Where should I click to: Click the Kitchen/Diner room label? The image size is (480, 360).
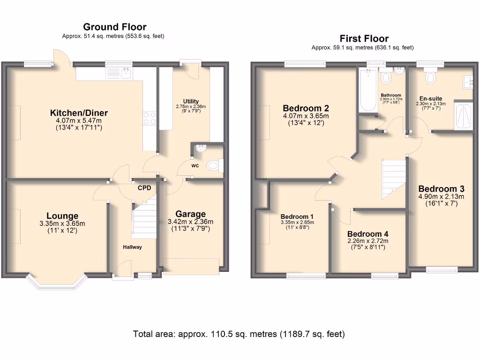click(79, 113)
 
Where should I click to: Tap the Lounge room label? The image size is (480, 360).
click(62, 216)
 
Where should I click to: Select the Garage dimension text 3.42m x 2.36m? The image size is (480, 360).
click(190, 222)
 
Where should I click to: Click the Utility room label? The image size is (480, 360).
click(191, 101)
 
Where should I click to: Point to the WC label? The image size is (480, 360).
click(195, 165)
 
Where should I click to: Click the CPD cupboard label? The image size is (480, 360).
click(144, 188)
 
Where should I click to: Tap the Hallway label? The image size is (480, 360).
click(132, 247)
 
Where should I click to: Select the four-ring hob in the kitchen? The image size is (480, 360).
click(150, 118)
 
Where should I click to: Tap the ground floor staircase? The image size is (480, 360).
click(144, 217)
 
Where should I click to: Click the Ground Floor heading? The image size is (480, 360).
click(114, 27)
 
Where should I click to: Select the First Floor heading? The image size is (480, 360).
click(364, 38)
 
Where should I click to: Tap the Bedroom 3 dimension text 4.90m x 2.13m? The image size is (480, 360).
click(441, 196)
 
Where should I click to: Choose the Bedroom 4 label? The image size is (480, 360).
click(367, 234)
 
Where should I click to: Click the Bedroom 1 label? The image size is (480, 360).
click(297, 216)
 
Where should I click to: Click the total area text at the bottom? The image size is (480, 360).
click(239, 334)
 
